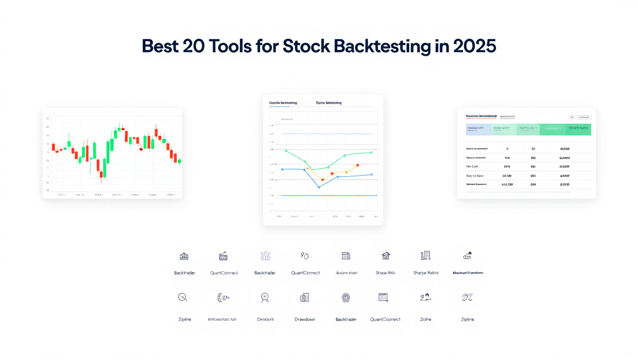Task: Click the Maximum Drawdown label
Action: [x=468, y=273]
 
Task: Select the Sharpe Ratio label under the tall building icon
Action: [x=425, y=273]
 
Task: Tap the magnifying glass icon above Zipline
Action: [x=183, y=297]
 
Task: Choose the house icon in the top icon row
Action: [x=386, y=256]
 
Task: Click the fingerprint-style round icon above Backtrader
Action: [x=346, y=297]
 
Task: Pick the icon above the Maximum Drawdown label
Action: [x=467, y=256]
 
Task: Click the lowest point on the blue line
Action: [x=319, y=187]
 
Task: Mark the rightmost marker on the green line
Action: [x=371, y=152]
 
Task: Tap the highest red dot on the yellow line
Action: [x=357, y=165]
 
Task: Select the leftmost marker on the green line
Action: [x=286, y=151]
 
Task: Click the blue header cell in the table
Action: [x=478, y=130]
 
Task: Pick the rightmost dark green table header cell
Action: [x=578, y=130]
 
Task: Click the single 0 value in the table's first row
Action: [x=508, y=149]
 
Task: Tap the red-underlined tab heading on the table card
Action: [x=481, y=116]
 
